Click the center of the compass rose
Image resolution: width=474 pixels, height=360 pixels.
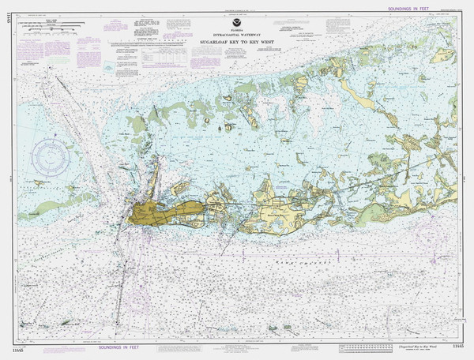point(49,158)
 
